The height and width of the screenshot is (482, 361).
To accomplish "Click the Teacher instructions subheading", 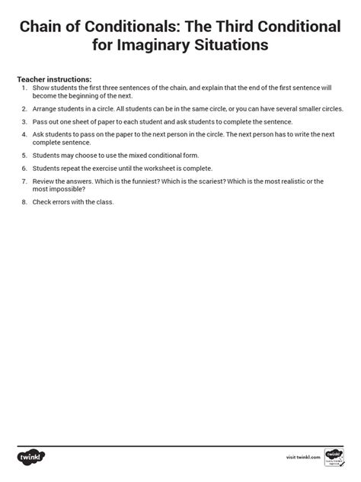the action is point(54,79).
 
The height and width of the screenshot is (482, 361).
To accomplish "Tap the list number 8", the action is point(24,201).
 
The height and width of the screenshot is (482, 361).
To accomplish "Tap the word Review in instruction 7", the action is point(43,181).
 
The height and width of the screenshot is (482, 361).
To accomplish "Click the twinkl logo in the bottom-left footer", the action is point(28,456).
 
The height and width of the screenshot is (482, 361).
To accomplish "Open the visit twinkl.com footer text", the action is point(301,458).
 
